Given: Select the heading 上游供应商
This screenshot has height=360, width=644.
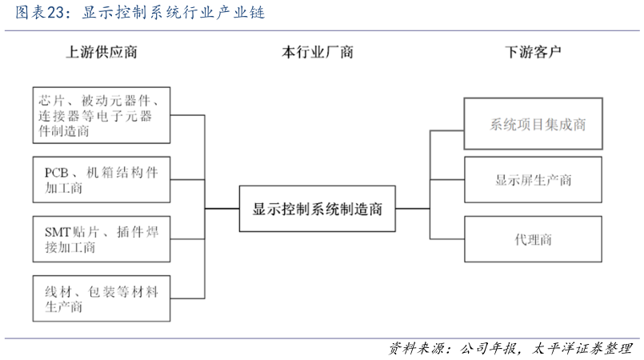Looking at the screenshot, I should point(102,53).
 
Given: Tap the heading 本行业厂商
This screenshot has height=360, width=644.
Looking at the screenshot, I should point(318,53).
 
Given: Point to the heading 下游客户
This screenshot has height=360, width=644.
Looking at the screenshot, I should point(533,53).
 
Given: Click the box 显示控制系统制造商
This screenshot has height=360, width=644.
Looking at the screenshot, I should point(318,210).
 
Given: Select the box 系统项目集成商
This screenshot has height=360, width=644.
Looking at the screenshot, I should point(533,124).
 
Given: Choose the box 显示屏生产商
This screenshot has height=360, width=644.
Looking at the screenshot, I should point(533,180).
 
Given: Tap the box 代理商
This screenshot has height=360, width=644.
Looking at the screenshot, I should point(533,239).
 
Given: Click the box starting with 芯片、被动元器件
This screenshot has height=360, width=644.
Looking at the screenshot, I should point(102,115).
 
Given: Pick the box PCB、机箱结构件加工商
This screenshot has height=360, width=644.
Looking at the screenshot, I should point(102,180).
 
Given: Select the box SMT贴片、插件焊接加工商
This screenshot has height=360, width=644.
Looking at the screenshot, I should point(102,239).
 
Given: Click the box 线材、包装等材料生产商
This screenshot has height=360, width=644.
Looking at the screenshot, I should point(102,298).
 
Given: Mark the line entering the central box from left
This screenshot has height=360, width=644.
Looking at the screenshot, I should point(222,209).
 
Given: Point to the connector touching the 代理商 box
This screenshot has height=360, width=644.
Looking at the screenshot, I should point(448,239).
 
